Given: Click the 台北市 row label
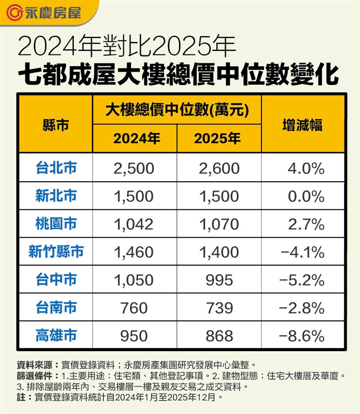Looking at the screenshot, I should [x=56, y=168].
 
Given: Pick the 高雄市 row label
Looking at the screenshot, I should [x=56, y=335].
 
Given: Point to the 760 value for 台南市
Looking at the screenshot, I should [x=134, y=308].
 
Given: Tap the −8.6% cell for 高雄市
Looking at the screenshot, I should [x=302, y=336].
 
